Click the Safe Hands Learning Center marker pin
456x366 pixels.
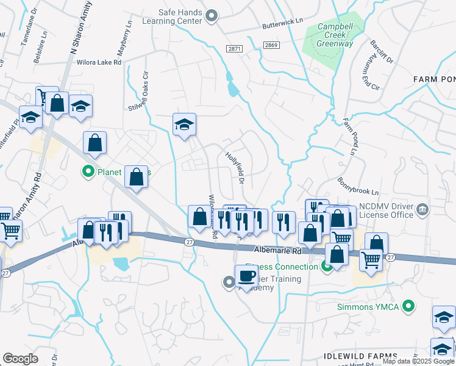(212, 16)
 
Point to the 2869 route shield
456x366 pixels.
(271, 45)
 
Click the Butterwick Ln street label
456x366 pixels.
(282, 24)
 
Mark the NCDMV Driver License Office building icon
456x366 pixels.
(422, 211)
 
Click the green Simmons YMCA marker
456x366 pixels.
(410, 306)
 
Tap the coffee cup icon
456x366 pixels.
(246, 276)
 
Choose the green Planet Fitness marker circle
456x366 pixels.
(88, 171)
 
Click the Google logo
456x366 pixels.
(20, 359)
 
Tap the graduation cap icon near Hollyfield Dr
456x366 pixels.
(184, 124)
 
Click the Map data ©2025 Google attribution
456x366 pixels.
(418, 361)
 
